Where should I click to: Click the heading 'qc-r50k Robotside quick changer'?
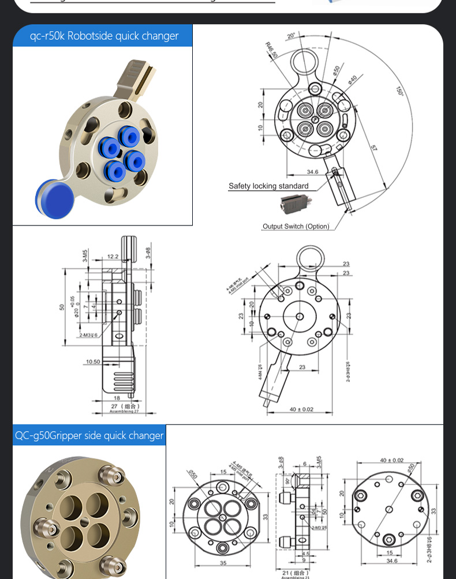tap(104, 36)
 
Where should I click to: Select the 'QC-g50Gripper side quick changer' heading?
tap(89, 435)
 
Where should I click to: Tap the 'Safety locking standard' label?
tap(268, 186)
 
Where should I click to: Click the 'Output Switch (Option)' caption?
tap(296, 227)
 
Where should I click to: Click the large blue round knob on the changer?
tap(55, 198)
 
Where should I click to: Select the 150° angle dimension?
tap(399, 91)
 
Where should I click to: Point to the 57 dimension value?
tap(373, 149)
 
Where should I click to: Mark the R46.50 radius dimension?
tap(271, 50)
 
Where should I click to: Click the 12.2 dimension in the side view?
tap(113, 257)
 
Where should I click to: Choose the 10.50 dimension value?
tap(93, 362)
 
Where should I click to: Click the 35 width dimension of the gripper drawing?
tap(223, 563)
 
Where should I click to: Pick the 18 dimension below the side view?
tap(117, 398)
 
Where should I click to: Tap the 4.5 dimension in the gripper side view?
tap(306, 554)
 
